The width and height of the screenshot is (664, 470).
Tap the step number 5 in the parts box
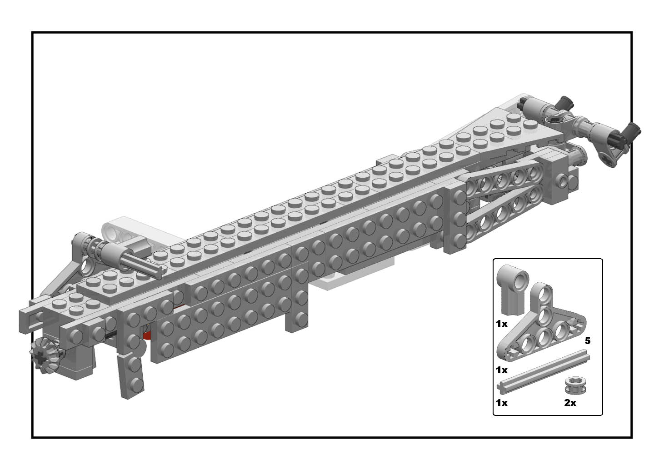[587, 341]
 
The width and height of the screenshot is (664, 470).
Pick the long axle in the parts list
[543, 372]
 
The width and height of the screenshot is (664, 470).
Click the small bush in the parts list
[575, 385]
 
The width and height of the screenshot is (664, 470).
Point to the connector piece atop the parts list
[513, 289]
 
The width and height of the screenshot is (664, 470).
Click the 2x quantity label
[570, 403]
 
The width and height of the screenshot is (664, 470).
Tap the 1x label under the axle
[502, 403]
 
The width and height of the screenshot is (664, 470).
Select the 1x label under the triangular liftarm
[502, 370]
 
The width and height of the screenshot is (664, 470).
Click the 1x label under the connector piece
[502, 324]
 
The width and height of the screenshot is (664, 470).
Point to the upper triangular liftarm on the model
[504, 177]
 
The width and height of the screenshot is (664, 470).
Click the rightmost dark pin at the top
[632, 132]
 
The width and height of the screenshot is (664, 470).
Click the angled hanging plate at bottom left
[131, 375]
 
